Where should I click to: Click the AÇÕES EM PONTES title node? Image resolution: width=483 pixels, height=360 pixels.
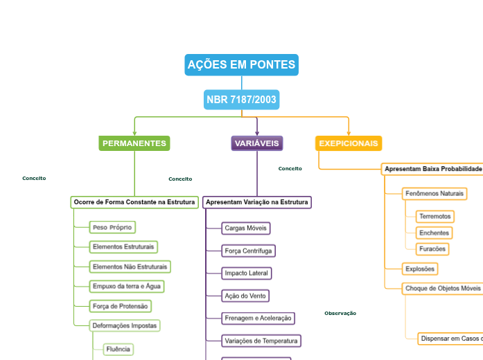241,65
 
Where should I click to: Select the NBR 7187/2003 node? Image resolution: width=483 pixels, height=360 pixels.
241,100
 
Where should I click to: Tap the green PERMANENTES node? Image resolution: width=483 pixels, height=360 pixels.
134,143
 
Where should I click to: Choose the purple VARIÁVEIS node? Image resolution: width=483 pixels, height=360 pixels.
257,143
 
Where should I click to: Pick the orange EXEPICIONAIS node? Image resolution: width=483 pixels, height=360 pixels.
349,143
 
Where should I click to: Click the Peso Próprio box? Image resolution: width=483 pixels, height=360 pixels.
112,227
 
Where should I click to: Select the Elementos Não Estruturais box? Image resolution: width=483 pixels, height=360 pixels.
130,267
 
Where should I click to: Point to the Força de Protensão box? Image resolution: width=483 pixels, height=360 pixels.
121,306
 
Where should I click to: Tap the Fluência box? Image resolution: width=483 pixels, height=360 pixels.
118,349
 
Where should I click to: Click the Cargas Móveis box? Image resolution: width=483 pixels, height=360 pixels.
245,228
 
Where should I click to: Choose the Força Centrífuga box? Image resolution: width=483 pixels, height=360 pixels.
248,251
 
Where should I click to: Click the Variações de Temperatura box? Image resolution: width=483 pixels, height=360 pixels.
261,341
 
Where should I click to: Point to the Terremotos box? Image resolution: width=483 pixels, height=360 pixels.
434,217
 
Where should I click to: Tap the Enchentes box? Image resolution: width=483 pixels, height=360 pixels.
434,233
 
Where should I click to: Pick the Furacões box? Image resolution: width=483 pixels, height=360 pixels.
432,249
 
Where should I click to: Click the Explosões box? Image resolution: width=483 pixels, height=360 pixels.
420,269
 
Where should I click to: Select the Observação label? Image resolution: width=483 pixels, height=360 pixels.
340,314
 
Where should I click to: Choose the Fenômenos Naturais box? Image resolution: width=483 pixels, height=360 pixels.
434,193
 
